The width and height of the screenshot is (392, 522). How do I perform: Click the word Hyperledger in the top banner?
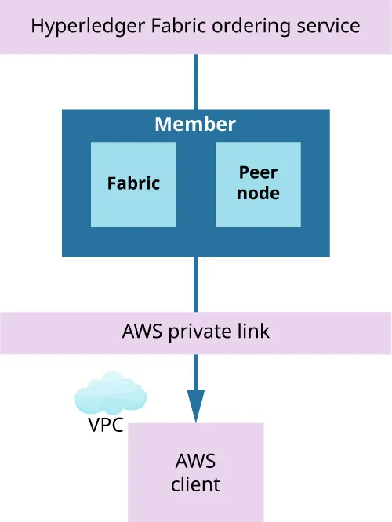[x=81, y=26]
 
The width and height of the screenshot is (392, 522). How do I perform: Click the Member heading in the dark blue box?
[x=195, y=125]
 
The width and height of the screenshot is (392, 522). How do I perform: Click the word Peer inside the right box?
[x=258, y=172]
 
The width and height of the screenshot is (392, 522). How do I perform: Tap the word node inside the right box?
[x=258, y=193]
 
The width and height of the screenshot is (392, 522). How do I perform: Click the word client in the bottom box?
[x=195, y=484]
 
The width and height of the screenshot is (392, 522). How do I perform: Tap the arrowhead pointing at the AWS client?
[x=195, y=405]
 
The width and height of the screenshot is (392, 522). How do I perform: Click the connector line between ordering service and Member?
[x=195, y=82]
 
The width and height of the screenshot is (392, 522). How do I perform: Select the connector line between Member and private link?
[x=195, y=284]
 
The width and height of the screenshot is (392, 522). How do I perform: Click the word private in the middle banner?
[x=200, y=332]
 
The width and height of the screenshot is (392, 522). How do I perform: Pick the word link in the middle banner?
[x=252, y=332]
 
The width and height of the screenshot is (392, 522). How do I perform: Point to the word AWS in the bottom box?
[x=195, y=461]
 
